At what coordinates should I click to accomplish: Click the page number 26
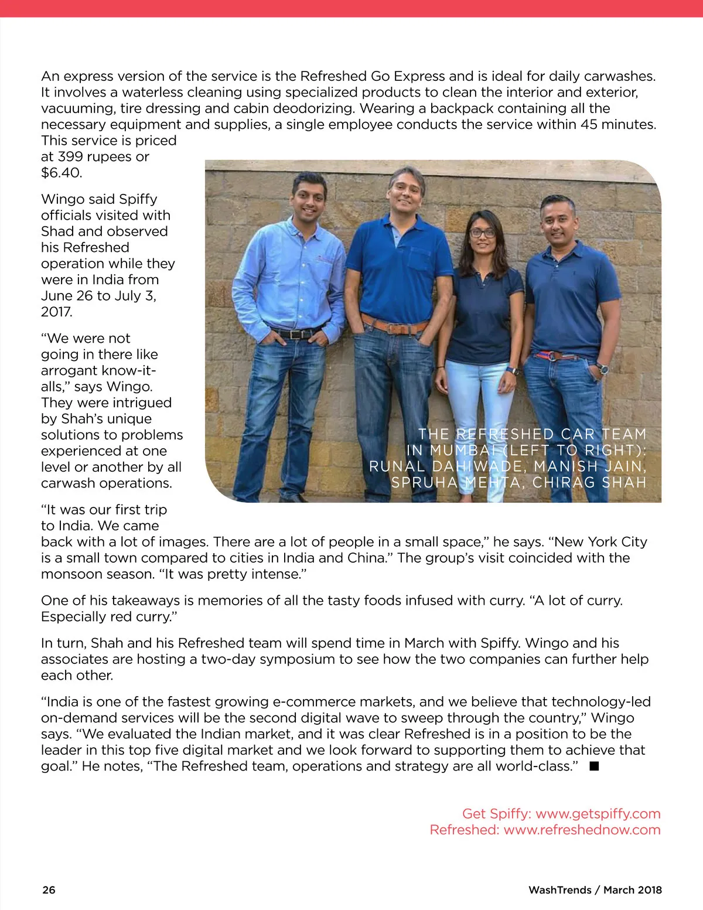click(x=49, y=889)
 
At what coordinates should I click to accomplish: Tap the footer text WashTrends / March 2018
click(x=595, y=889)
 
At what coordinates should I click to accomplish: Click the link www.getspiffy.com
click(x=598, y=813)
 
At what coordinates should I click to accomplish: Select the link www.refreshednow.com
click(x=582, y=830)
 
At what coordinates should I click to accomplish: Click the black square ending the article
click(x=594, y=766)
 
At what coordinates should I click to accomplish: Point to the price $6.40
click(x=62, y=173)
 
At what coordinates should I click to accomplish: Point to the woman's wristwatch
click(x=513, y=370)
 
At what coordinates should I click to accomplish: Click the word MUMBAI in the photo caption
click(x=463, y=451)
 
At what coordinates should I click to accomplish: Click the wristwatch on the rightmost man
click(x=602, y=368)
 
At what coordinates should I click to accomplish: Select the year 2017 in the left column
click(x=56, y=312)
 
